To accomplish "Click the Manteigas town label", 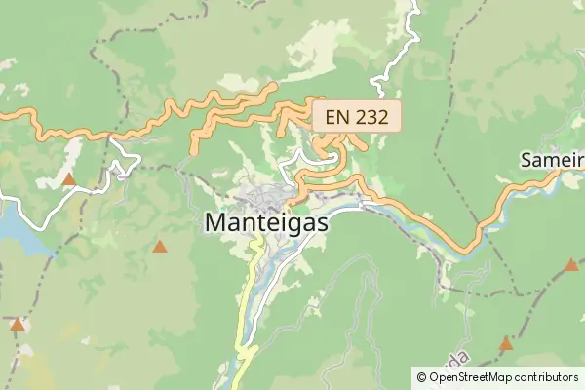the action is pyautogui.click(x=266, y=222).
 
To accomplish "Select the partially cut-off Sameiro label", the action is pyautogui.click(x=552, y=159).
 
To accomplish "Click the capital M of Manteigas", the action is pyautogui.click(x=216, y=222).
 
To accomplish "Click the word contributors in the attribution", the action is pyautogui.click(x=547, y=376).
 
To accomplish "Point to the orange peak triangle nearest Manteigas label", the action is pyautogui.click(x=159, y=247).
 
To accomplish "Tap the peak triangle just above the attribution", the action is pyautogui.click(x=506, y=343).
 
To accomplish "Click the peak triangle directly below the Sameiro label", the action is pyautogui.click(x=571, y=264).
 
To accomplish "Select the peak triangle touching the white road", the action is pyautogui.click(x=69, y=179).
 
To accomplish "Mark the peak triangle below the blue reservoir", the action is pyautogui.click(x=17, y=323).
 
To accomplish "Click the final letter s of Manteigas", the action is pyautogui.click(x=323, y=223).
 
